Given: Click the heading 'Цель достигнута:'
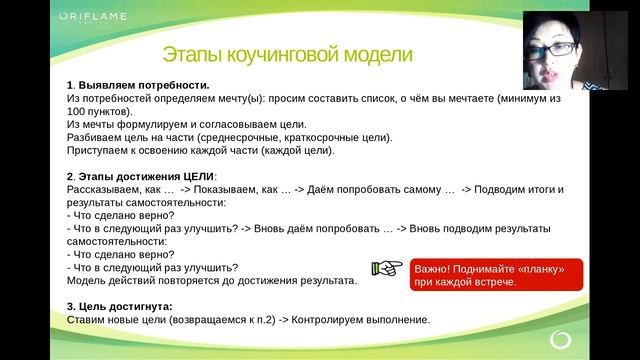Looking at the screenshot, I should point(123,306).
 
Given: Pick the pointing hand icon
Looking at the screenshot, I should point(384,268).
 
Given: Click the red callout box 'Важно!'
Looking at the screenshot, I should point(489,275).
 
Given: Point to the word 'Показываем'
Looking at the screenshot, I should point(241,189).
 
